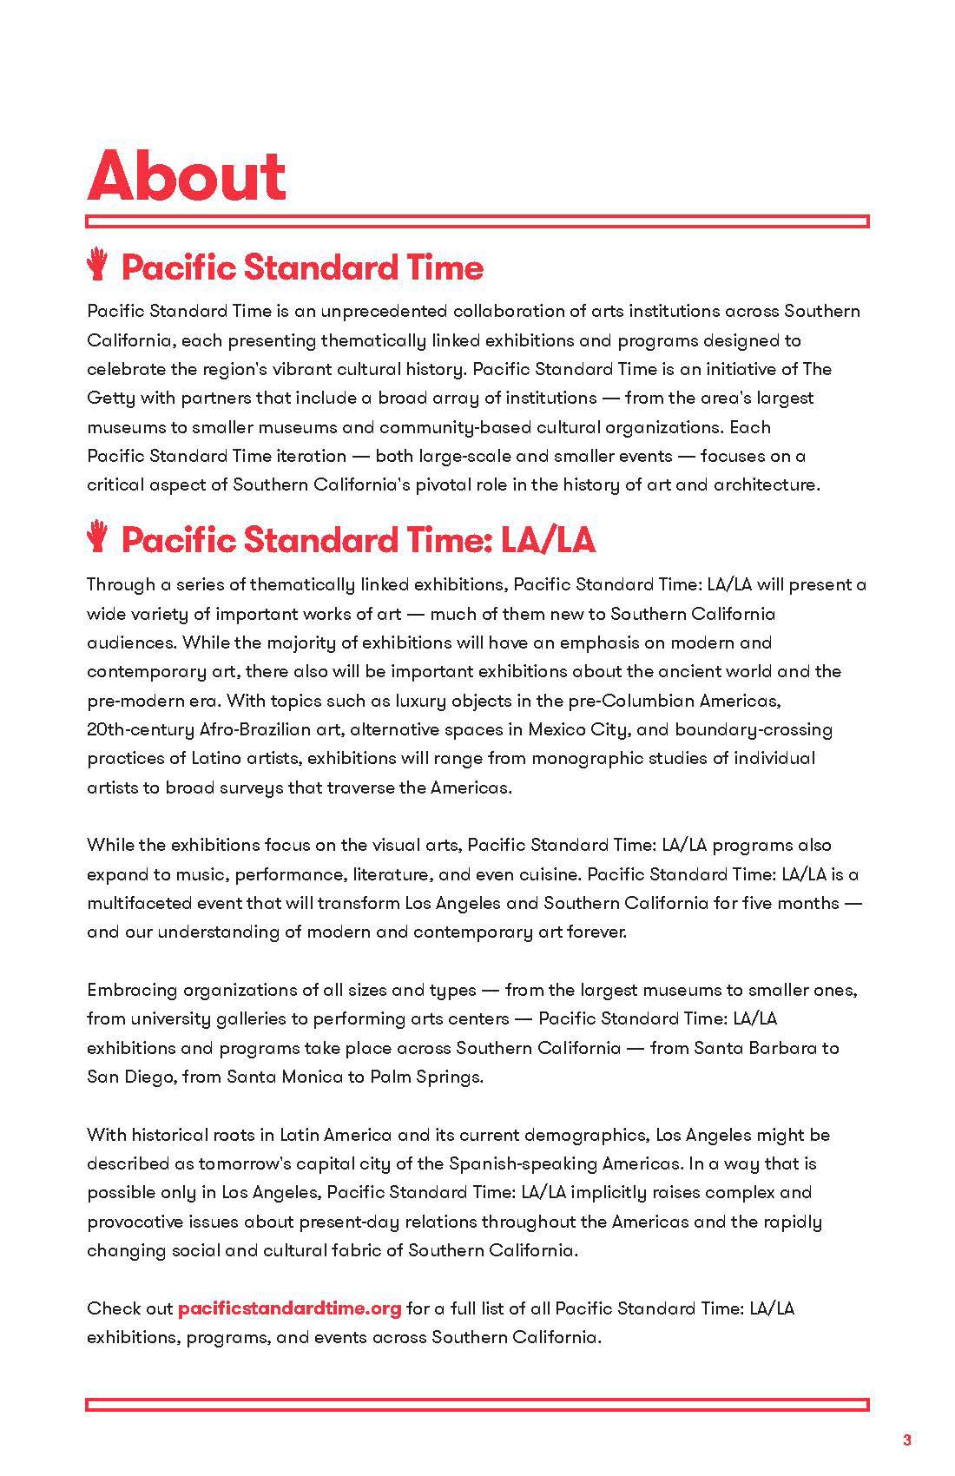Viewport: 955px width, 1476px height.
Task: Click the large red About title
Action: (187, 176)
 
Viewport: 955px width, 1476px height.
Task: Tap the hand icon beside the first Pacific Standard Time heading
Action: (97, 265)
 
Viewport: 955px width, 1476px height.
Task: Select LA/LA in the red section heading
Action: (548, 539)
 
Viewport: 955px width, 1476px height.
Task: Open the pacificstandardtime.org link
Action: (289, 1308)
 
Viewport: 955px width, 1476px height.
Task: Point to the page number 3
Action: (907, 1440)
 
